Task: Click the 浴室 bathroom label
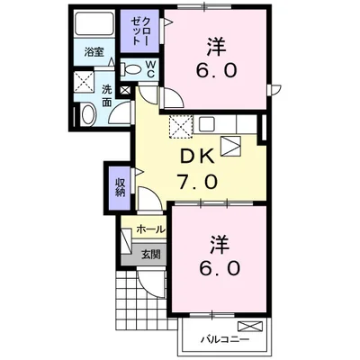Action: pos(93,52)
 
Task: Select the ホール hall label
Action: pos(149,230)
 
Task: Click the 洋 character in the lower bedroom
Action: pos(217,243)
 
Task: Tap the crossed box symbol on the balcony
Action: pos(250,328)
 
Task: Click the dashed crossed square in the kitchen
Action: pos(179,128)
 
